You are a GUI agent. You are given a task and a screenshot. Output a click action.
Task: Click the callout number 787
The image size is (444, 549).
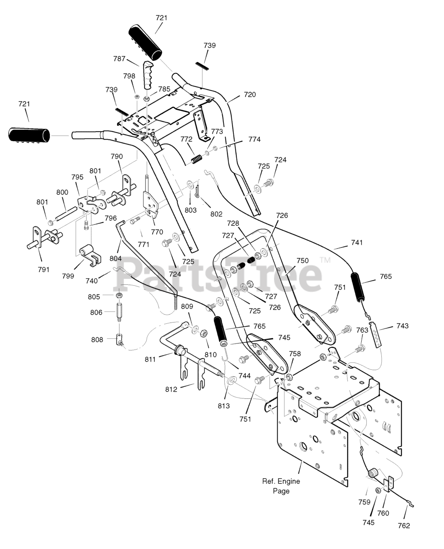click(119, 59)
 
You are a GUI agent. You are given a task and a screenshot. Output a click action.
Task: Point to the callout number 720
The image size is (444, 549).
click(250, 95)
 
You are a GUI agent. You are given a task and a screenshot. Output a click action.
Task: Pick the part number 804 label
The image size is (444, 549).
click(115, 258)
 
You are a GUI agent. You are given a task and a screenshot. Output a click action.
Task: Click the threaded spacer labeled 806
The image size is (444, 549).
click(119, 312)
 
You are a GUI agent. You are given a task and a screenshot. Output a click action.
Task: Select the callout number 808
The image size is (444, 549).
click(97, 340)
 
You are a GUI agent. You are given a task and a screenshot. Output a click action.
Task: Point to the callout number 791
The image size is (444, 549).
click(43, 270)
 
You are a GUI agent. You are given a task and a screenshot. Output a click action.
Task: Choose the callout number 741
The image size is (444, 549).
click(356, 242)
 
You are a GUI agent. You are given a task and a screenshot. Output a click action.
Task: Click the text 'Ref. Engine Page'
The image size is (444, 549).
click(281, 486)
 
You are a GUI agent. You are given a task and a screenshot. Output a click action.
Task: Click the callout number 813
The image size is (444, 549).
click(224, 406)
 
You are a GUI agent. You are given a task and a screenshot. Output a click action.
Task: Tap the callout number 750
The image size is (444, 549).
click(302, 261)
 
